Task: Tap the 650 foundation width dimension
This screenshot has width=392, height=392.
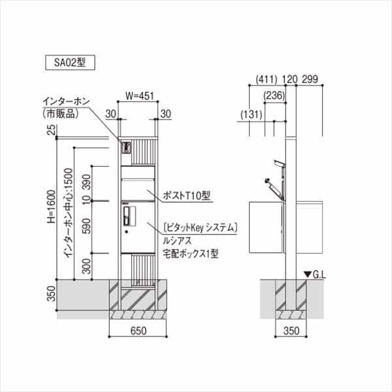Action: tap(138, 331)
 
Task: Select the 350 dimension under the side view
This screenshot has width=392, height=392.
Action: tap(293, 331)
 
